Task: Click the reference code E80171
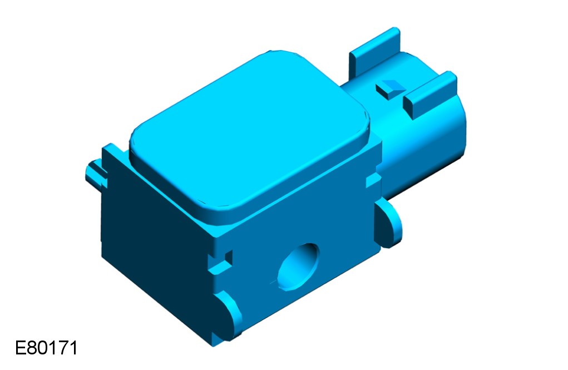(x=46, y=348)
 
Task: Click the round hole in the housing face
(x=298, y=267)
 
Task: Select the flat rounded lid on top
(x=250, y=130)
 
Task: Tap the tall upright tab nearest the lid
(x=374, y=55)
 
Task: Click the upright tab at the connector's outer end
(x=431, y=95)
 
